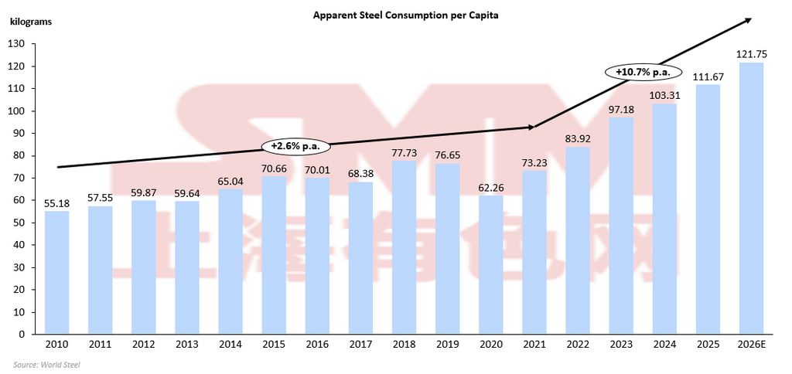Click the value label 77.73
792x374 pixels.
[405, 153]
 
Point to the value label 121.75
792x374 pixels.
[752, 55]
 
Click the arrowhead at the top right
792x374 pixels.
[749, 19]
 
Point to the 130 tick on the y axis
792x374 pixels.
[16, 44]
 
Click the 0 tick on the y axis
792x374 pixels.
[22, 334]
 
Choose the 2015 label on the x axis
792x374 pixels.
[274, 345]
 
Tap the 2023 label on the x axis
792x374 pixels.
[621, 345]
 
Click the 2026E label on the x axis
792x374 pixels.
[752, 345]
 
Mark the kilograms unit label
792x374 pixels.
[31, 22]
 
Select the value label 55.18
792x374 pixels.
[57, 203]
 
